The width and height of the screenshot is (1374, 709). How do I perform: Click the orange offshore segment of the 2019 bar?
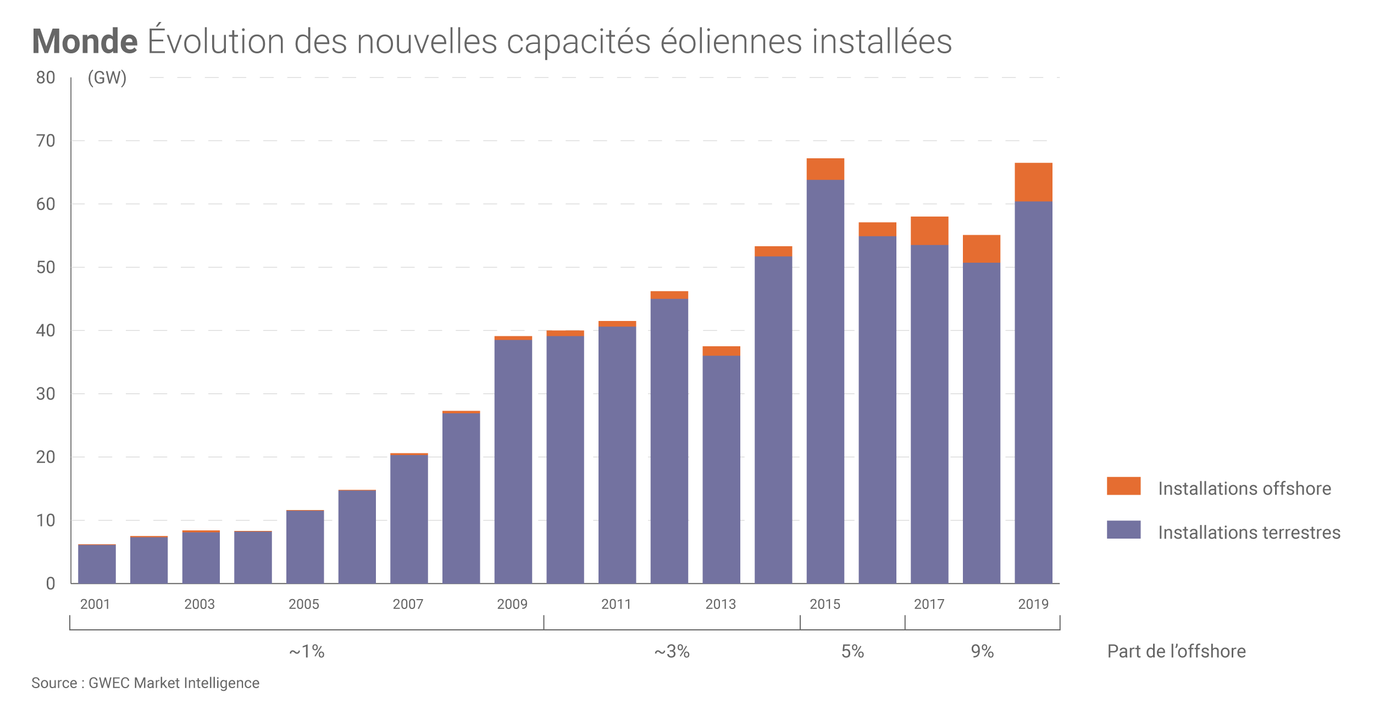1033,182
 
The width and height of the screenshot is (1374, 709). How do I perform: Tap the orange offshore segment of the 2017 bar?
929,230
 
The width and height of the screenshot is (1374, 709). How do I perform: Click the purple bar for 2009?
513,462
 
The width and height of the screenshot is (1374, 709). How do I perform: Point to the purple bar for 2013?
721,469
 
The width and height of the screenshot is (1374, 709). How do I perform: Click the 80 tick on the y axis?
46,78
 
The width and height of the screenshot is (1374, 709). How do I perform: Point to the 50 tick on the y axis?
46,268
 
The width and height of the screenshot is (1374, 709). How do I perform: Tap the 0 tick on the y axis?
50,584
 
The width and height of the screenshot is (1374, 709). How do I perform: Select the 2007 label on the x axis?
408,605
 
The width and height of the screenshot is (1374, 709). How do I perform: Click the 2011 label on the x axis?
616,605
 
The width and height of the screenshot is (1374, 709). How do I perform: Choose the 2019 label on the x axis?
1033,605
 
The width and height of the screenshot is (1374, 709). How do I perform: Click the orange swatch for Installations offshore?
1123,486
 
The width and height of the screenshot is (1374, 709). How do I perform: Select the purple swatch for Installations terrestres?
1123,530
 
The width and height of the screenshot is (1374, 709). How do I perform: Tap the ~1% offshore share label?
307,652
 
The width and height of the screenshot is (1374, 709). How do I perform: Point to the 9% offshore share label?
982,652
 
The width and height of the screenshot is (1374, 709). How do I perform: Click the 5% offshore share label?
852,652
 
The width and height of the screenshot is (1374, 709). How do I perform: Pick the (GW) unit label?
107,78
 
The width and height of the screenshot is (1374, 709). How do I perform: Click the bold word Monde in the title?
85,42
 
